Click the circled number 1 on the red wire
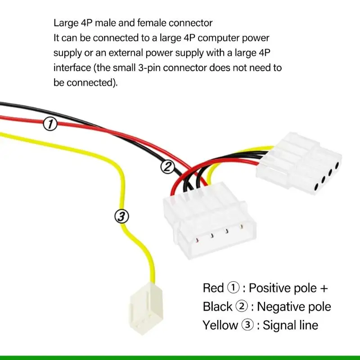pos(50,124)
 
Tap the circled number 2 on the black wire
pos(167,166)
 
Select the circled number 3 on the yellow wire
pos(121,216)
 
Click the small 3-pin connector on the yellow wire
pos(146,309)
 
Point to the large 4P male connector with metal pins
pos(210,220)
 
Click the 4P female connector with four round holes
pos(299,163)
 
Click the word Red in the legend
pos(213,288)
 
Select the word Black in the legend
pos(217,307)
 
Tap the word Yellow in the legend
pos(220,325)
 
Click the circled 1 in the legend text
pos(233,288)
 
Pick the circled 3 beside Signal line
pos(247,325)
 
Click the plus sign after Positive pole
pos(324,288)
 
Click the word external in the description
pos(126,53)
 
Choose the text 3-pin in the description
pos(149,68)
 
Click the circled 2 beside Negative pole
pos(242,307)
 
